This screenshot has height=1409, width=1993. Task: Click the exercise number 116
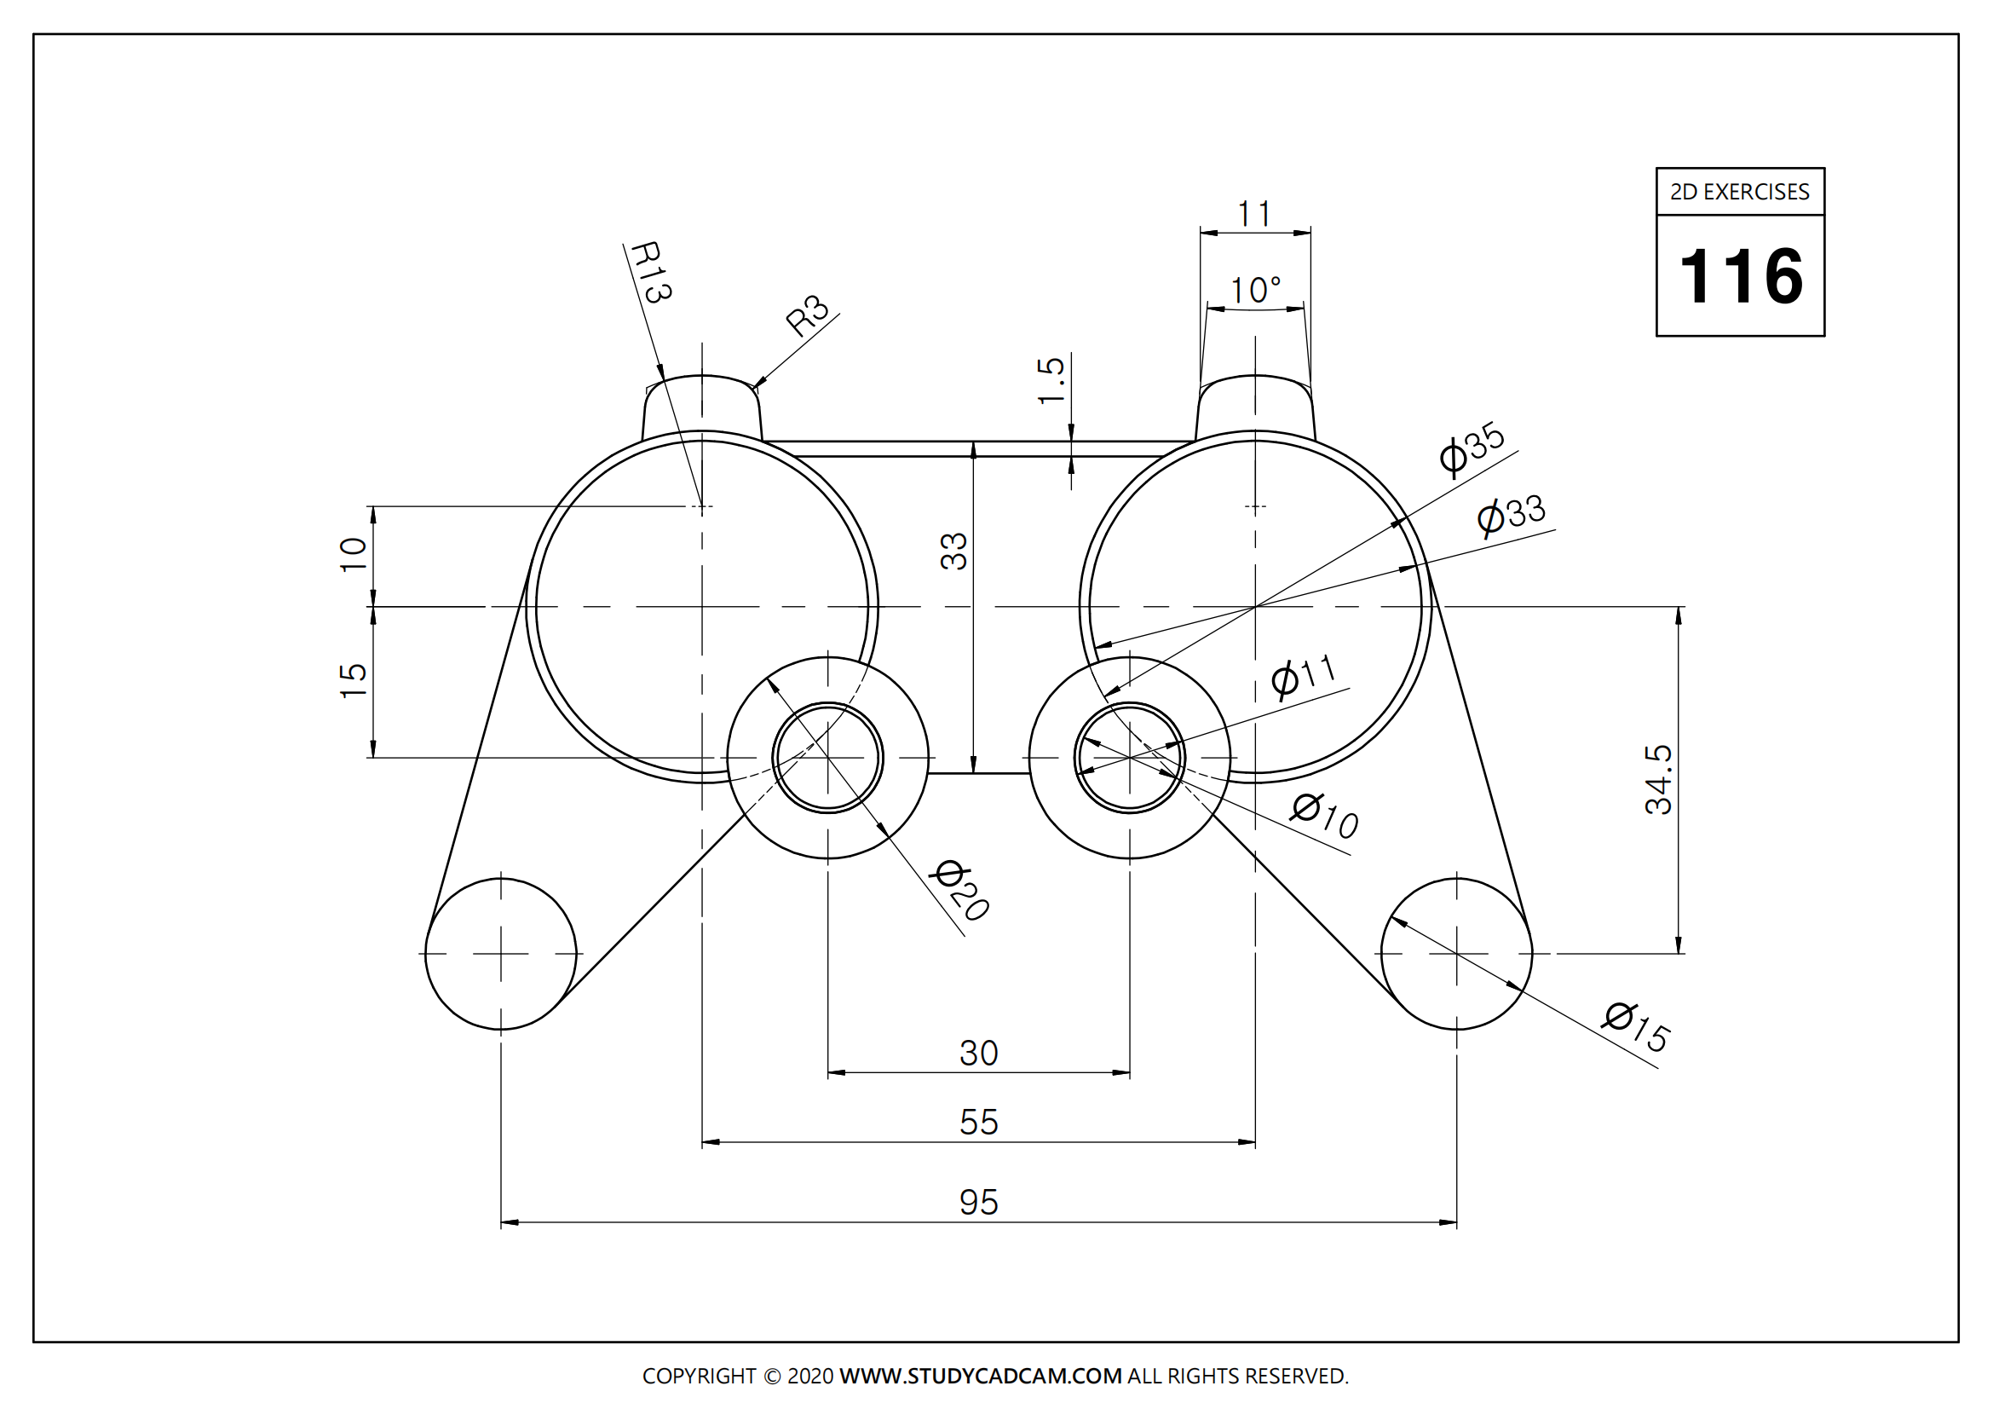coord(1741,277)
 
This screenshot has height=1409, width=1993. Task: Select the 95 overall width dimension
coord(978,1204)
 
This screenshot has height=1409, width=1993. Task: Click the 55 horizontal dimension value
coord(978,1123)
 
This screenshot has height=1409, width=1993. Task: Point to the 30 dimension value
coord(978,1053)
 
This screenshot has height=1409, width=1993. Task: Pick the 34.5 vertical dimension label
coord(1658,780)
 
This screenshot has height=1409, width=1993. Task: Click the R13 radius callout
coord(650,272)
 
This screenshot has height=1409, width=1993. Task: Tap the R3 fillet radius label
coord(807,316)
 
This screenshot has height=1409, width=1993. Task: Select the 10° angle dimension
coord(1255,291)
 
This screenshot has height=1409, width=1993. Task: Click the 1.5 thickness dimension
coord(1051,380)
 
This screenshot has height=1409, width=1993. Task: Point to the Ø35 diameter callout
coord(1472,448)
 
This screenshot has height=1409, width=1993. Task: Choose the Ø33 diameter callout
coord(1512,515)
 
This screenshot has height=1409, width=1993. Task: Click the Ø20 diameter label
coord(960,891)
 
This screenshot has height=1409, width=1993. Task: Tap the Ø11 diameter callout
coord(1304,675)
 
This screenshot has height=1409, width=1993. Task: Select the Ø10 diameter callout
coord(1325,815)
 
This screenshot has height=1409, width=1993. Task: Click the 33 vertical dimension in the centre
coord(954,551)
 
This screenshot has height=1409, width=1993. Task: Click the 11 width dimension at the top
coord(1254,214)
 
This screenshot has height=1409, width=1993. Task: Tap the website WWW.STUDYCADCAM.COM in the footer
coord(980,1376)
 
